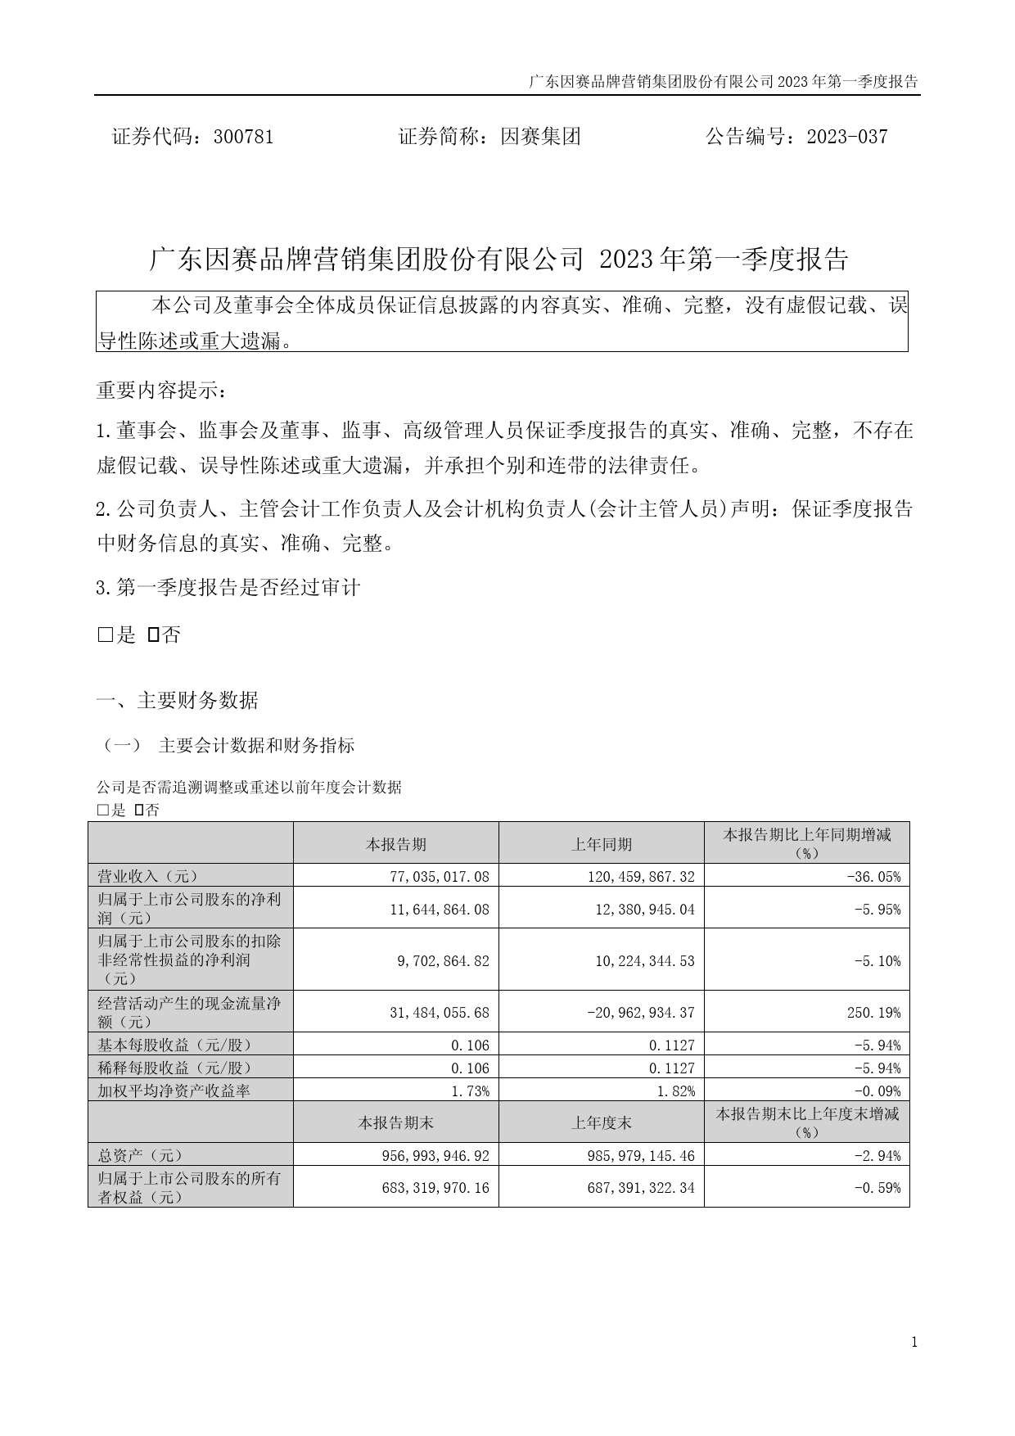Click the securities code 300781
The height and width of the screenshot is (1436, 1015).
(x=242, y=137)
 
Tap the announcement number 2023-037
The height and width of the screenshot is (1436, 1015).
(x=846, y=137)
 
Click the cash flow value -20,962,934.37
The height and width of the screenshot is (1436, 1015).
(x=640, y=1013)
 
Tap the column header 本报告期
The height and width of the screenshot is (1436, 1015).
(x=396, y=844)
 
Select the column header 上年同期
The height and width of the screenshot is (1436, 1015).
(x=602, y=844)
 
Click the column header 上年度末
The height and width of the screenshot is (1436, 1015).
(x=602, y=1123)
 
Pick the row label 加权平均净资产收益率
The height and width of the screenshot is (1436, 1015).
(x=174, y=1091)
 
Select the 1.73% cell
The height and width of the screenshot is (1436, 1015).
(x=471, y=1091)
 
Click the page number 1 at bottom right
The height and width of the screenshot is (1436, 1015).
(x=913, y=1342)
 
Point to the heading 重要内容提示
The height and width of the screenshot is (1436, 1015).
(x=160, y=391)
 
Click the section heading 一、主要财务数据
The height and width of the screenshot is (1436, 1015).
(x=178, y=701)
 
